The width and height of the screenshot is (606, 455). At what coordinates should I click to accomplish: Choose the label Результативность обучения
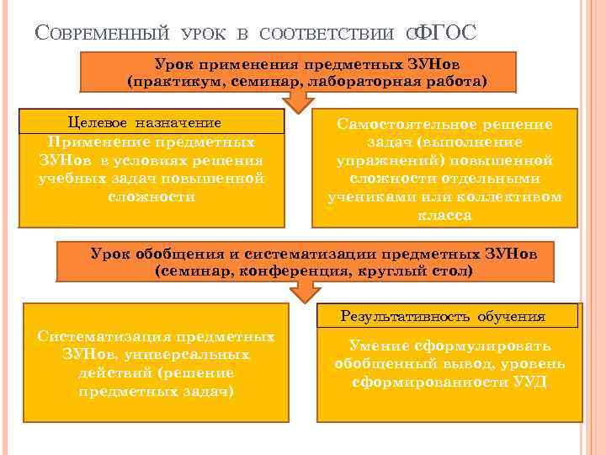point(443,317)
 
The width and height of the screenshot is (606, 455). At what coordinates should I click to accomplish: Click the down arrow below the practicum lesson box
point(295,101)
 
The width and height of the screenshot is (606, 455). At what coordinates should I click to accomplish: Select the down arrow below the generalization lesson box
point(304,292)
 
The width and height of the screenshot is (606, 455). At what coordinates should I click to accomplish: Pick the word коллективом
point(515,196)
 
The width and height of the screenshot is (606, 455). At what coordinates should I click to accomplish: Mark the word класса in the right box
point(444,215)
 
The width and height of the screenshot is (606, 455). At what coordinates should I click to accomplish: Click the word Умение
point(376,345)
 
